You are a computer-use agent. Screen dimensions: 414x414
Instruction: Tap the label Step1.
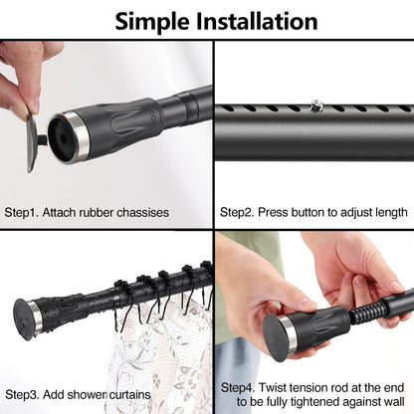[x=28, y=212]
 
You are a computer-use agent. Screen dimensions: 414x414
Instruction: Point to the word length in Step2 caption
[x=388, y=212]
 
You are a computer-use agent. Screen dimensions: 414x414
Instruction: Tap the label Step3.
[x=28, y=394]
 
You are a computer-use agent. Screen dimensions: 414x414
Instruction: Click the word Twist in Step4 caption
[x=283, y=386]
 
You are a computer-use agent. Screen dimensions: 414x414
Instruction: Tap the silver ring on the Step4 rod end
[x=289, y=332]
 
